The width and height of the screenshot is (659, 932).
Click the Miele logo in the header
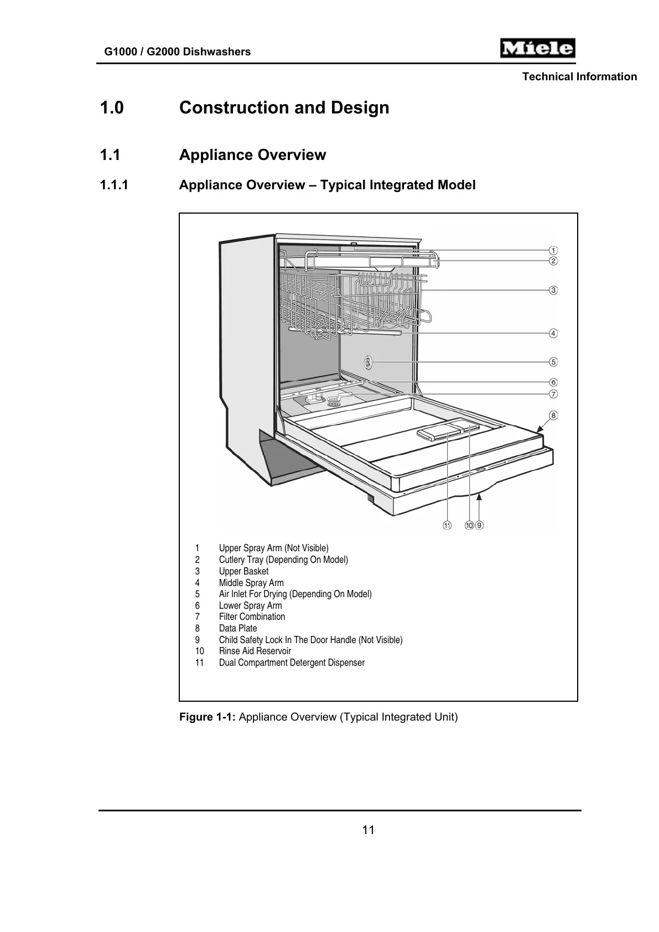(x=537, y=49)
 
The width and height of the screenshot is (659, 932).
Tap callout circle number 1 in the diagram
(x=553, y=250)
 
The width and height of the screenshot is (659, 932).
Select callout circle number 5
(x=553, y=362)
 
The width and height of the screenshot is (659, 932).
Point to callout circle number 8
(x=553, y=416)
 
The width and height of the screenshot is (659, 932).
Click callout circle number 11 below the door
(x=447, y=525)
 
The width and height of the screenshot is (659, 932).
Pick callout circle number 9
(x=479, y=525)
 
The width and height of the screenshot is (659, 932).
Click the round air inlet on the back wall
(x=367, y=363)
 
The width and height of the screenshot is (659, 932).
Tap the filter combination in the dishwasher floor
(x=334, y=400)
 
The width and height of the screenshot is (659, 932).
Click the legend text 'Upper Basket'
(x=243, y=571)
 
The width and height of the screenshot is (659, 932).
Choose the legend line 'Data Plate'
(x=238, y=628)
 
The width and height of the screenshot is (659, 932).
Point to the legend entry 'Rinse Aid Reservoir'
(x=255, y=651)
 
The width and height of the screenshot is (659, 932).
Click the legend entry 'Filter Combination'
(x=252, y=617)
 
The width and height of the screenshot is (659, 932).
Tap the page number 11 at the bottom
(x=368, y=830)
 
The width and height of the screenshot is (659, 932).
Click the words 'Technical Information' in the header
(x=579, y=77)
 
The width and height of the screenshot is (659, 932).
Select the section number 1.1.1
(x=114, y=185)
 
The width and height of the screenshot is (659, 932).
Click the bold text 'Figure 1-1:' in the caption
(x=207, y=717)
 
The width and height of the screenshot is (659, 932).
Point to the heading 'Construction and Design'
(x=284, y=107)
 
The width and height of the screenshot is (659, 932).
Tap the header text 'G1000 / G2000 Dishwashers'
(x=178, y=52)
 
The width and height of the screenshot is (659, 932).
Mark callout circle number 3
(x=553, y=290)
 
